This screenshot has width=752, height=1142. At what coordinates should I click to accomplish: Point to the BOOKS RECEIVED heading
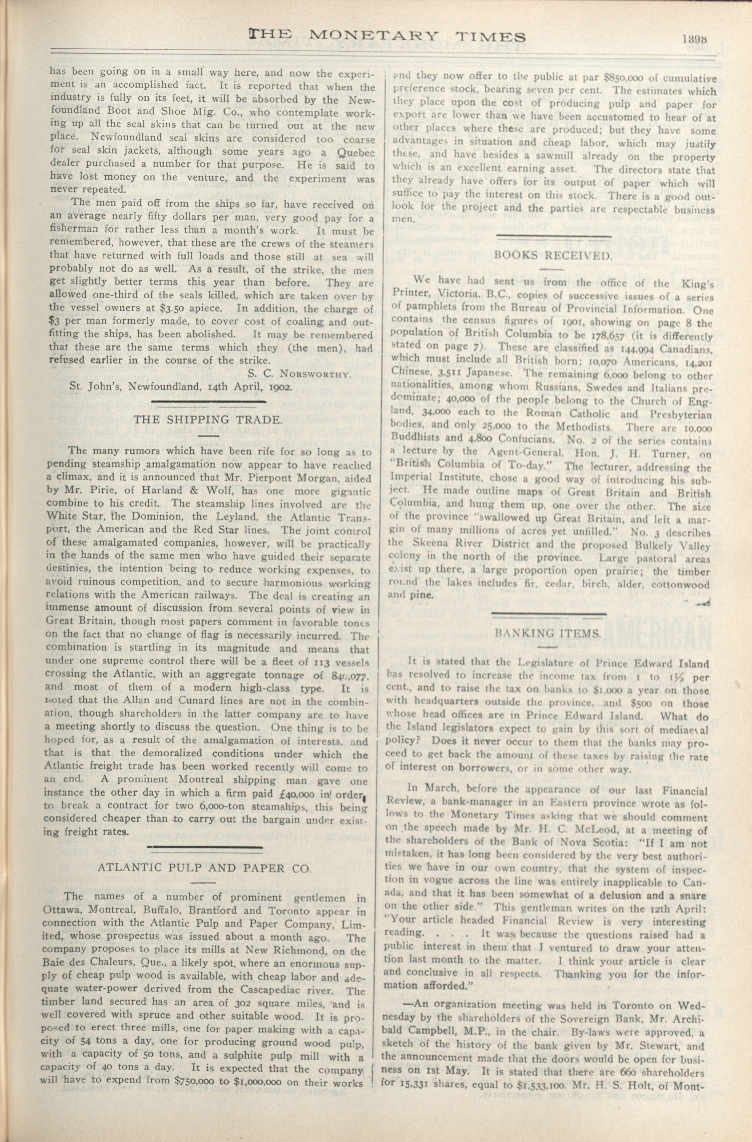point(553,255)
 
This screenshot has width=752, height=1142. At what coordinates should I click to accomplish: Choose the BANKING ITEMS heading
point(548,633)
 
